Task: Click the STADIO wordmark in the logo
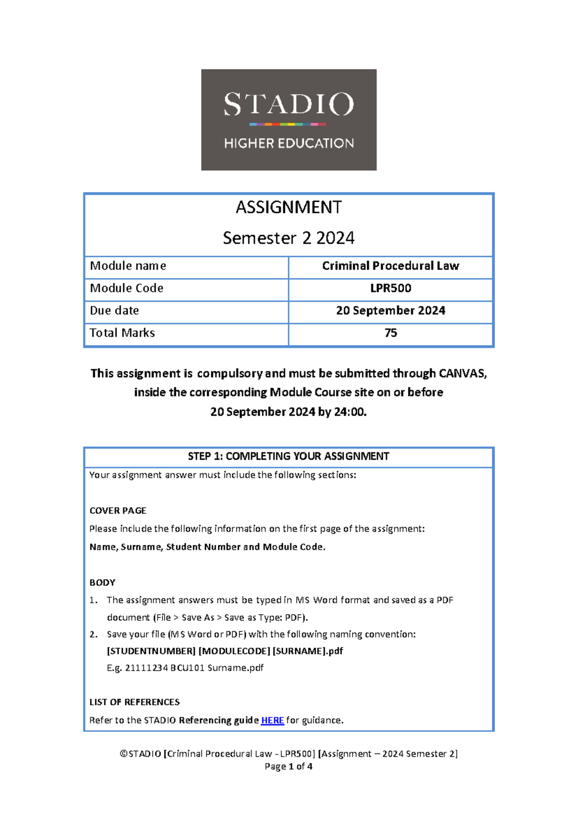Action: pos(289,104)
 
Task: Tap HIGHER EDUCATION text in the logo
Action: pos(289,143)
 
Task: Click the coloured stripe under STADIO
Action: pos(288,124)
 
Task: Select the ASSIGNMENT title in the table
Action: pos(289,207)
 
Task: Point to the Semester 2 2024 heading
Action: pos(289,238)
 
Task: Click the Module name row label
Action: pos(128,266)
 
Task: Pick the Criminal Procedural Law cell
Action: pos(391,266)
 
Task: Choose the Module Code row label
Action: pos(127,288)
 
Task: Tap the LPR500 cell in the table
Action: pos(391,288)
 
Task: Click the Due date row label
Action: pos(115,311)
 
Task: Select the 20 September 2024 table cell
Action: pos(391,311)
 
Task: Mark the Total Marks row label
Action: pos(122,333)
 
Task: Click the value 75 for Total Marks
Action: pos(391,333)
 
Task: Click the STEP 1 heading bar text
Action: pos(289,456)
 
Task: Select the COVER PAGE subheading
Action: pos(118,511)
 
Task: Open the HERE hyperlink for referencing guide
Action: pos(273,720)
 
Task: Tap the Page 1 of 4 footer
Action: pos(289,766)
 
